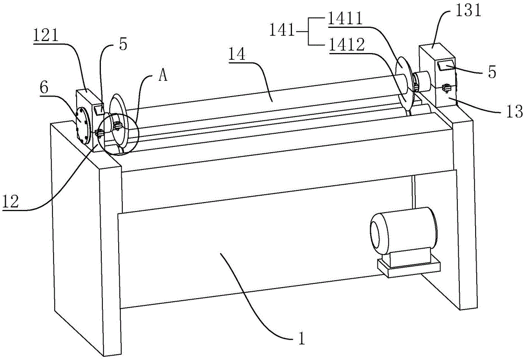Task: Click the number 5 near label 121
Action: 123,45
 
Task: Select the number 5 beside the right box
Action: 491,72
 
